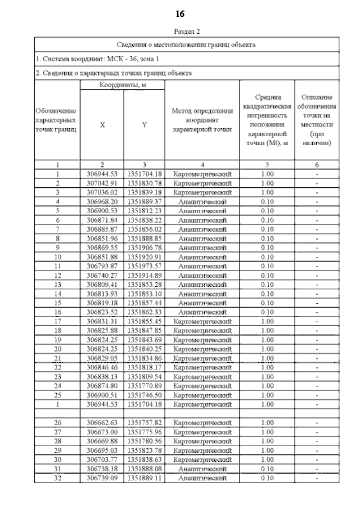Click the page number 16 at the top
pos(179,13)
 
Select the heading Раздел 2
pos(179,33)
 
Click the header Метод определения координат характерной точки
pos(202,120)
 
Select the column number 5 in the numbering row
pos(267,165)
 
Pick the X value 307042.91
pos(102,183)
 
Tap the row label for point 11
pos(57,265)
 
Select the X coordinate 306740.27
pos(102,274)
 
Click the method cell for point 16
pos(202,312)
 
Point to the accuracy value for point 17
pos(267,321)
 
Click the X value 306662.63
pos(102,422)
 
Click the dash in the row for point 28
pos(317,441)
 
